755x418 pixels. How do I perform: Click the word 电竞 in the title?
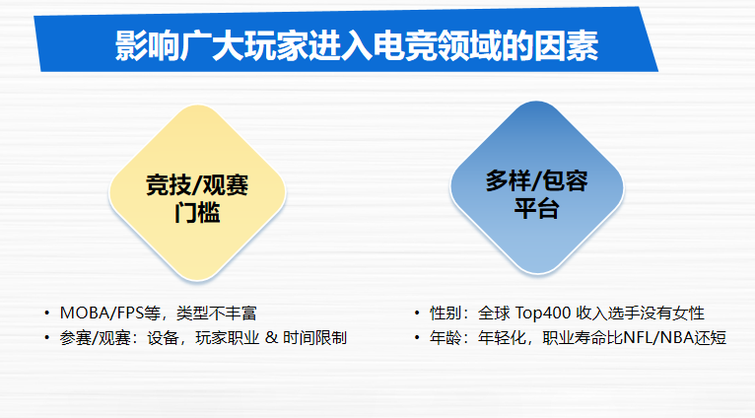(x=404, y=45)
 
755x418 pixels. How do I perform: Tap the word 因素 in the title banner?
(x=566, y=45)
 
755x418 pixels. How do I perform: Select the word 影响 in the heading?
(x=147, y=45)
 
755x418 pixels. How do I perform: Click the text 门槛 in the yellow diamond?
(x=197, y=212)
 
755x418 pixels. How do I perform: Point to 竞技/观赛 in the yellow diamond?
(x=197, y=185)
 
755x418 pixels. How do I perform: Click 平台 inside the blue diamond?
(x=536, y=209)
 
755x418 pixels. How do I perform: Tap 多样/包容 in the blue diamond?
(x=536, y=181)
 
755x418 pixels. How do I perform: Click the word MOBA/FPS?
(x=103, y=313)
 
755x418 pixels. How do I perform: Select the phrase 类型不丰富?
(x=216, y=313)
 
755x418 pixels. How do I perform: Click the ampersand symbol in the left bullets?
(x=272, y=337)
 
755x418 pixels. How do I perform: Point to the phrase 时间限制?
(x=314, y=337)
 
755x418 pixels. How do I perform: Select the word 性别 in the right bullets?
(x=446, y=313)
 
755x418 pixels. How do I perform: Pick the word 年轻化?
(x=503, y=337)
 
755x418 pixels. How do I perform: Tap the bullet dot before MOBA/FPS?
(x=46, y=313)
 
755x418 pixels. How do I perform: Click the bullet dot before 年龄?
(x=417, y=338)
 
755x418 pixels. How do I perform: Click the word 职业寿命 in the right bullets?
(x=575, y=337)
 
